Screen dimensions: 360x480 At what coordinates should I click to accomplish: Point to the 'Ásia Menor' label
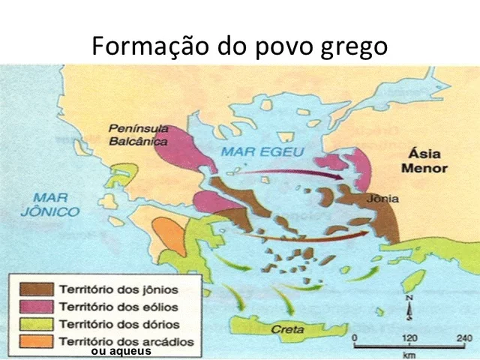click(424, 160)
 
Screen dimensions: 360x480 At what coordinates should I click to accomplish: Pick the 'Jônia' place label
click(382, 199)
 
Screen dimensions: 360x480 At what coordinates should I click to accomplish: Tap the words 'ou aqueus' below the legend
click(121, 352)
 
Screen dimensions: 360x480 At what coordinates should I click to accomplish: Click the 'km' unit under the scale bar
click(409, 354)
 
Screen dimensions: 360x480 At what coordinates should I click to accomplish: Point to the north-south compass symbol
click(409, 307)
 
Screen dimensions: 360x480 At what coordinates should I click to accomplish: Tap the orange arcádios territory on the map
click(167, 235)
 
